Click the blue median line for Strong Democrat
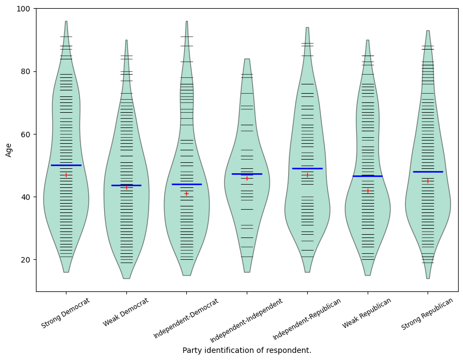[x=66, y=165]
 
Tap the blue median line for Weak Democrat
[x=126, y=185]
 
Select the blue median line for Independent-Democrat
[x=186, y=184]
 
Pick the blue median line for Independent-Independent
[x=247, y=174]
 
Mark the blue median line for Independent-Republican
[x=307, y=168]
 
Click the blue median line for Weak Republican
[x=368, y=176]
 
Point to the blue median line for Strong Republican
[x=428, y=172]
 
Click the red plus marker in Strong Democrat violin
[x=66, y=175]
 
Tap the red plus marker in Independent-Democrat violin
[x=186, y=193]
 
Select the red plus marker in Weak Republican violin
[x=368, y=191]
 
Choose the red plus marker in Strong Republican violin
[x=428, y=181]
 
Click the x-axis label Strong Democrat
[x=66, y=313]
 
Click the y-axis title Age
[x=9, y=150]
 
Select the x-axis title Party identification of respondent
[x=247, y=350]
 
